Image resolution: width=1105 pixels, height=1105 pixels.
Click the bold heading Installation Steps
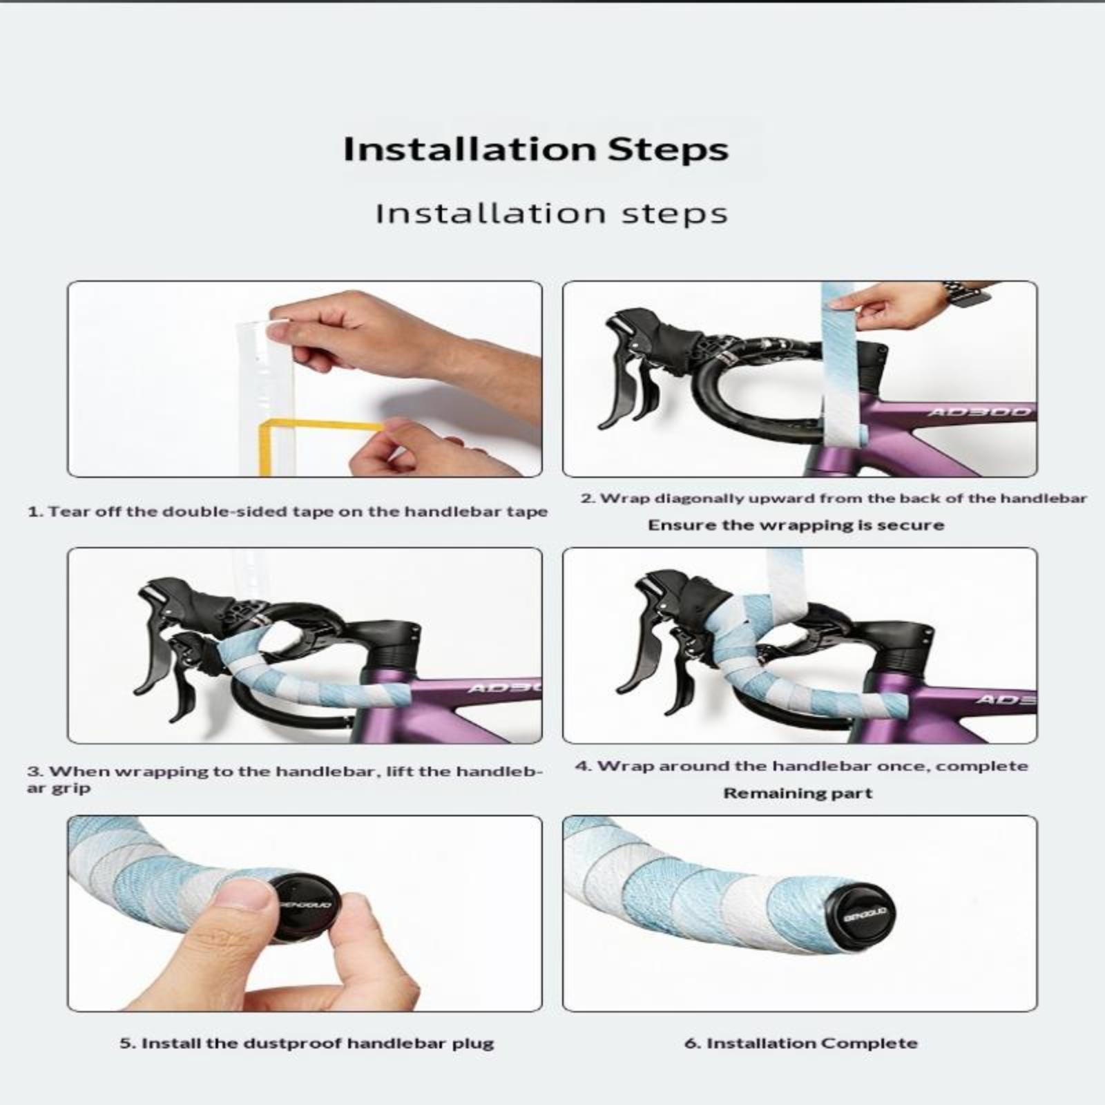[536, 149]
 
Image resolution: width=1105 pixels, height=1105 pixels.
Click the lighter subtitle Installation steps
[552, 213]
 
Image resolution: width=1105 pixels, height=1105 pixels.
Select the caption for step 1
[287, 512]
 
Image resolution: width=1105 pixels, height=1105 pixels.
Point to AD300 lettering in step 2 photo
[979, 412]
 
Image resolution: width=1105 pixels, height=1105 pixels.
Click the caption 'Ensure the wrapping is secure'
[796, 525]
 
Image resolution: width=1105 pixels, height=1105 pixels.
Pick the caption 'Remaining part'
[798, 793]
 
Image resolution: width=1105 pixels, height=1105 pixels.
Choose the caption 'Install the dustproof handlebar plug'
[307, 1043]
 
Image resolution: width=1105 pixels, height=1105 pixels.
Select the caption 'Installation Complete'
[801, 1043]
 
